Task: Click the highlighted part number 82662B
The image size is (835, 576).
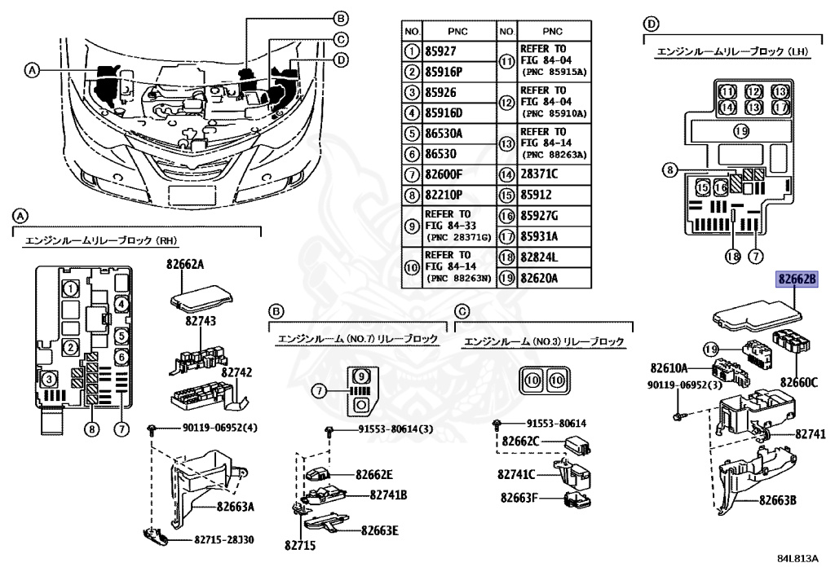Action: [x=796, y=279]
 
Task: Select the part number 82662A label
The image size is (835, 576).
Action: [x=186, y=264]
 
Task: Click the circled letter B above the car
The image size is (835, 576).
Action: [x=341, y=18]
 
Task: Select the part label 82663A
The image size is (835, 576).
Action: [x=235, y=507]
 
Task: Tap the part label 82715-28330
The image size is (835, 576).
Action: [x=223, y=540]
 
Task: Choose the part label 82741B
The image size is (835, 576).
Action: [x=388, y=495]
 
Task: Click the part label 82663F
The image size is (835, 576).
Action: [x=518, y=497]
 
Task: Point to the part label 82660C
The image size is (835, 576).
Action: [x=797, y=381]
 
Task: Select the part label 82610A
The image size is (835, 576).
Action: [x=669, y=368]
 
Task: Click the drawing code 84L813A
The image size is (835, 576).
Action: [x=797, y=559]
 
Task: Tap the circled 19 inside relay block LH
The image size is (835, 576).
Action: [x=740, y=131]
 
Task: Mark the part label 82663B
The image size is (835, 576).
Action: [x=777, y=500]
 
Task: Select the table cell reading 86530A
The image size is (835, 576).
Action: [x=444, y=133]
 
